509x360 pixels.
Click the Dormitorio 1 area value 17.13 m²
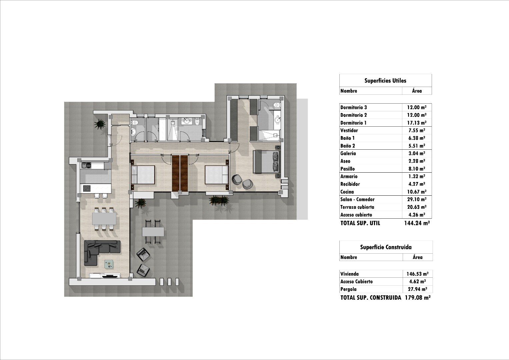point(417,123)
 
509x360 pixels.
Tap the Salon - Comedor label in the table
point(357,199)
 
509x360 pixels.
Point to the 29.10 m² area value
point(417,199)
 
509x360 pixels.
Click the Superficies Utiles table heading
point(385,80)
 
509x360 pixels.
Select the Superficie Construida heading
point(386,247)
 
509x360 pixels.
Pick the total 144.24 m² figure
point(417,223)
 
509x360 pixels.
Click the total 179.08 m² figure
point(417,298)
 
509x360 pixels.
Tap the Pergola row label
point(348,289)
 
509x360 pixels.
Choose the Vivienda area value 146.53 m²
point(417,274)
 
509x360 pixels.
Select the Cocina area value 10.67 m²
point(417,192)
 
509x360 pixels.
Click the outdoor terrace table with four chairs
point(153,232)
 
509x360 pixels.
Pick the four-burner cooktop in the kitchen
point(86,188)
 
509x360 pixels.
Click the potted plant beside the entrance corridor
point(100,124)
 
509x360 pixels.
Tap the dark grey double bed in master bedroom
point(266,161)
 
